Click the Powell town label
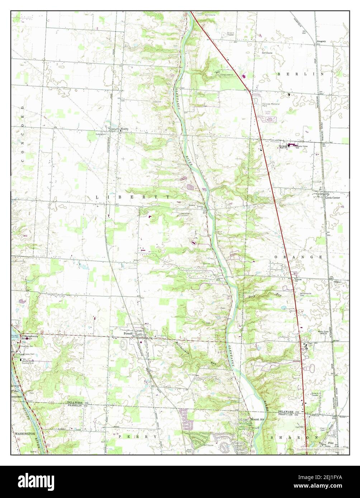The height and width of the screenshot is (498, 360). click(128, 334)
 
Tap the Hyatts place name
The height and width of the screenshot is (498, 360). click(124, 129)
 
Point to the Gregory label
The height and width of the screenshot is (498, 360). click(321, 42)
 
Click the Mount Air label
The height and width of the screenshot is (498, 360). click(257, 419)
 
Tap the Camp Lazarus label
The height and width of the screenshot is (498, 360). click(227, 75)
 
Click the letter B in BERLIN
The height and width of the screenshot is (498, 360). click(279, 74)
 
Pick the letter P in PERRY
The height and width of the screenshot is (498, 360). click(120, 437)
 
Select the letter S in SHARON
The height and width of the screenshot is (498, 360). click(272, 438)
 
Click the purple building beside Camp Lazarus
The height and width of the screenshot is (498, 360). click(245, 76)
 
